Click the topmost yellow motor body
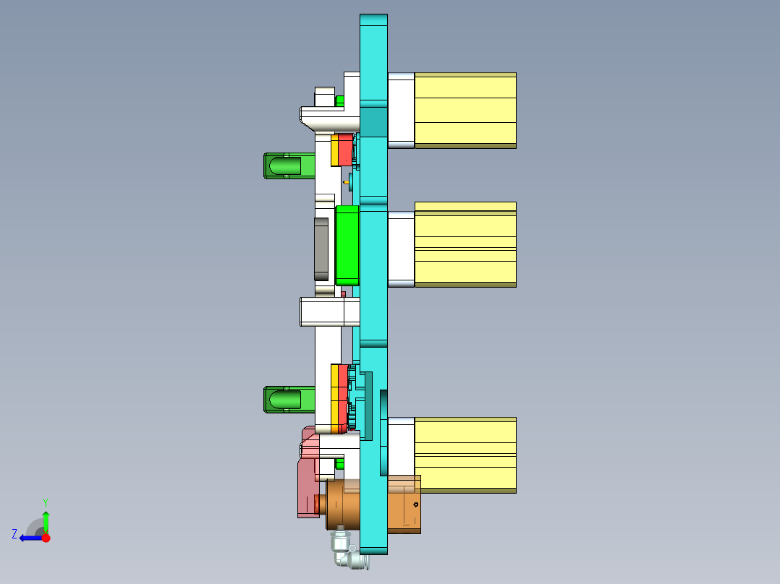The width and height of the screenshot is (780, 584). tap(465, 110)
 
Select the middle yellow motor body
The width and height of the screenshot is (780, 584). tap(465, 244)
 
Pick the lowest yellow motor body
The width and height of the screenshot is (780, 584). tap(465, 455)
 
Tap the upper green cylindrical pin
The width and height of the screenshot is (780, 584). tap(287, 166)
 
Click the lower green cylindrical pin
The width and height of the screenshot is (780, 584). tap(287, 399)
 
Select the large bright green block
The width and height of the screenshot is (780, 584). tap(347, 245)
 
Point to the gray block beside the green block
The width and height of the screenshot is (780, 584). tap(321, 249)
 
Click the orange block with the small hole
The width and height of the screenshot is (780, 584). tap(404, 504)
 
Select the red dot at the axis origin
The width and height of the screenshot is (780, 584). tap(46, 538)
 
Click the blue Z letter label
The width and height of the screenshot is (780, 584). tap(14, 534)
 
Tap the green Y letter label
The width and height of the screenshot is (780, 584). tap(45, 502)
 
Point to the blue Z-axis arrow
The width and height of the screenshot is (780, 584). tap(30, 538)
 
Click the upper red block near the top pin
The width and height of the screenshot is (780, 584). tap(345, 150)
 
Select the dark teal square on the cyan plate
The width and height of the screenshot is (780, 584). tap(373, 122)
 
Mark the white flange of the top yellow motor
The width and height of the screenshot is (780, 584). tap(401, 110)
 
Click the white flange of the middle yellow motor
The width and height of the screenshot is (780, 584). tap(401, 249)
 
